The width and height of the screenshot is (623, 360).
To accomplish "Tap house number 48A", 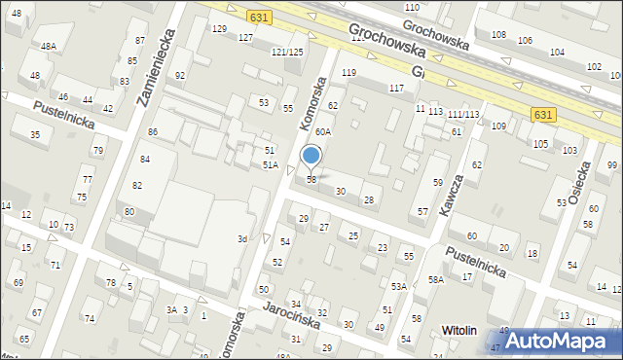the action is pyautogui.click(x=48, y=46).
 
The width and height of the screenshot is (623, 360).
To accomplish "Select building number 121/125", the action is pyautogui.click(x=287, y=52).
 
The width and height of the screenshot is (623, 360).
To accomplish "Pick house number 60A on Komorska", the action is pyautogui.click(x=323, y=130).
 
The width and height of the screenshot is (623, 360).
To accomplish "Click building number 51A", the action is pyautogui.click(x=271, y=165).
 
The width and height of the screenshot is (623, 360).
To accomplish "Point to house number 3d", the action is pyautogui.click(x=242, y=238).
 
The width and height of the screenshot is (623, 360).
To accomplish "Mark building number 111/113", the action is pyautogui.click(x=463, y=114).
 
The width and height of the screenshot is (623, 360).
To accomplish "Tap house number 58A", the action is pyautogui.click(x=436, y=279).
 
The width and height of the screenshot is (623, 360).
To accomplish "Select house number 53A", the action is pyautogui.click(x=399, y=286).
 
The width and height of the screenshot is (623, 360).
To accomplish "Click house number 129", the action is pyautogui.click(x=219, y=29).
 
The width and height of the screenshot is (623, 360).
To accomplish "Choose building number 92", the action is pyautogui.click(x=180, y=75).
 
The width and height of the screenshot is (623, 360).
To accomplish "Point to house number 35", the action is pyautogui.click(x=35, y=134).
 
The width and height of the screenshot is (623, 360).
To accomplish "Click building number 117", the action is pyautogui.click(x=396, y=89).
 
